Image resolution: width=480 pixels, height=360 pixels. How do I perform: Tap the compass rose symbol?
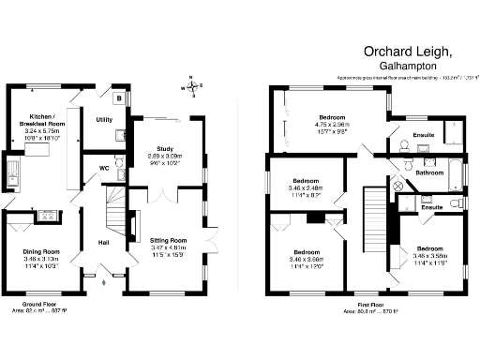pos(193,88)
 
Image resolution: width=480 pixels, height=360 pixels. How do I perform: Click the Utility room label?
pos(104,120)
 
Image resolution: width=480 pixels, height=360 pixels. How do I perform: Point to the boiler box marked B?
pos(119,97)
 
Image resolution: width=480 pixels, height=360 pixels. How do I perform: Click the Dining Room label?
pos(41,251)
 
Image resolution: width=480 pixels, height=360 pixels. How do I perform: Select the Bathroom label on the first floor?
pos(429,173)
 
